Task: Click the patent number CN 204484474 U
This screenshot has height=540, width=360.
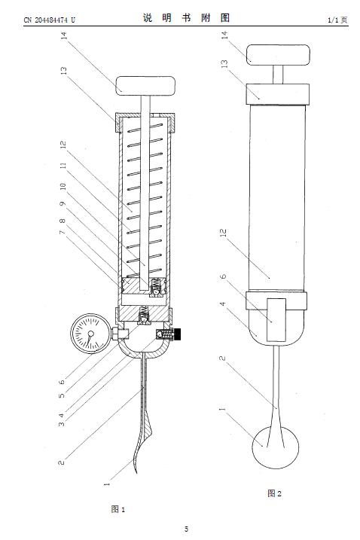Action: point(49,20)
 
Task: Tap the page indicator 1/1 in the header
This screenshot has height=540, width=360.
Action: point(334,20)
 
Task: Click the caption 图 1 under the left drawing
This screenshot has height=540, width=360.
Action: point(118,509)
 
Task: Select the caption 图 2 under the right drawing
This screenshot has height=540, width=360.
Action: point(275,493)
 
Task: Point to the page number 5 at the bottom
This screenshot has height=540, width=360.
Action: point(186,529)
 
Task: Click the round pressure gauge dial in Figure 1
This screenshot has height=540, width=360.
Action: point(90,334)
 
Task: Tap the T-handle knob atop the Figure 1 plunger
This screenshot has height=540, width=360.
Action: point(145,86)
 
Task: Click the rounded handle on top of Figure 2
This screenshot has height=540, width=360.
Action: point(278,55)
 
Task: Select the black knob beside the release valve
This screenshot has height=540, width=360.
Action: point(178,334)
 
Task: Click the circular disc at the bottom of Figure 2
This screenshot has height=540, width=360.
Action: point(275,447)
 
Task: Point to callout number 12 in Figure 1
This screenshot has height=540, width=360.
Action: point(63,145)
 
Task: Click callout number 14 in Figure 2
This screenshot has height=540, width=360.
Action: point(224,35)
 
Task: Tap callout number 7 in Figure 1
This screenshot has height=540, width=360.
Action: point(62,232)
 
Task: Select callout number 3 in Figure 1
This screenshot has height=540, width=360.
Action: point(61,423)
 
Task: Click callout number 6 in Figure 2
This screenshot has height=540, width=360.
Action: point(223,276)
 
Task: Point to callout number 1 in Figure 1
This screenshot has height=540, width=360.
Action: point(107,484)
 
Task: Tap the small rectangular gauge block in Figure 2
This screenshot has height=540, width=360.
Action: point(276,320)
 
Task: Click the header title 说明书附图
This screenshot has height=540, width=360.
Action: point(186,18)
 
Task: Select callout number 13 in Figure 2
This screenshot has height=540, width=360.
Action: point(224,64)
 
